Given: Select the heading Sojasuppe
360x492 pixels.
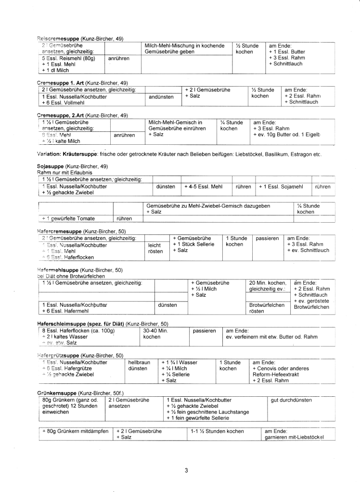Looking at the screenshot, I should pyautogui.click(x=52, y=165).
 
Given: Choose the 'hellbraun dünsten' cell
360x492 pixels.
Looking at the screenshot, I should pyautogui.click(x=139, y=365).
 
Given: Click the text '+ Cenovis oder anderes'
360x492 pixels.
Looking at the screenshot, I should pyautogui.click(x=281, y=368).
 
